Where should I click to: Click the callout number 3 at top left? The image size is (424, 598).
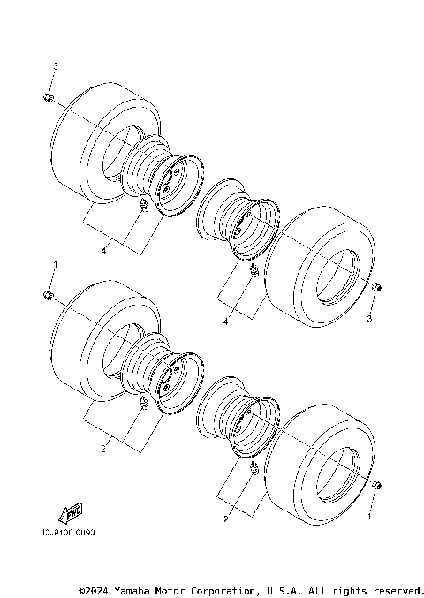tap(55, 66)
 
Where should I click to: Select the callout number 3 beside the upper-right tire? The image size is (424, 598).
tap(370, 317)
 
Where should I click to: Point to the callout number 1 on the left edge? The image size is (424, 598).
tap(55, 263)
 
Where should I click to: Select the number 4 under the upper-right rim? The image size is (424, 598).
tap(226, 322)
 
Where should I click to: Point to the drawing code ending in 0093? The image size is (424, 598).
tap(67, 534)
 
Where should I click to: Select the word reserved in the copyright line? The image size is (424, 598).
tap(397, 589)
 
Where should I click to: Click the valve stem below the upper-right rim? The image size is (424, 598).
tap(254, 269)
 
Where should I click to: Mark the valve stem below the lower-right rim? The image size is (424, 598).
tap(254, 466)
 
